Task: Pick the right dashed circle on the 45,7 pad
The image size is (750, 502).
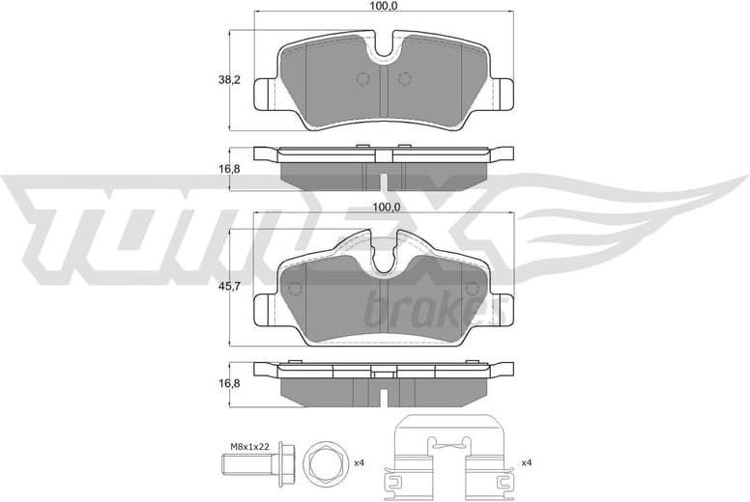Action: pos(472,289)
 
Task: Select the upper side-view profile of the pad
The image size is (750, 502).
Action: pos(384,159)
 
